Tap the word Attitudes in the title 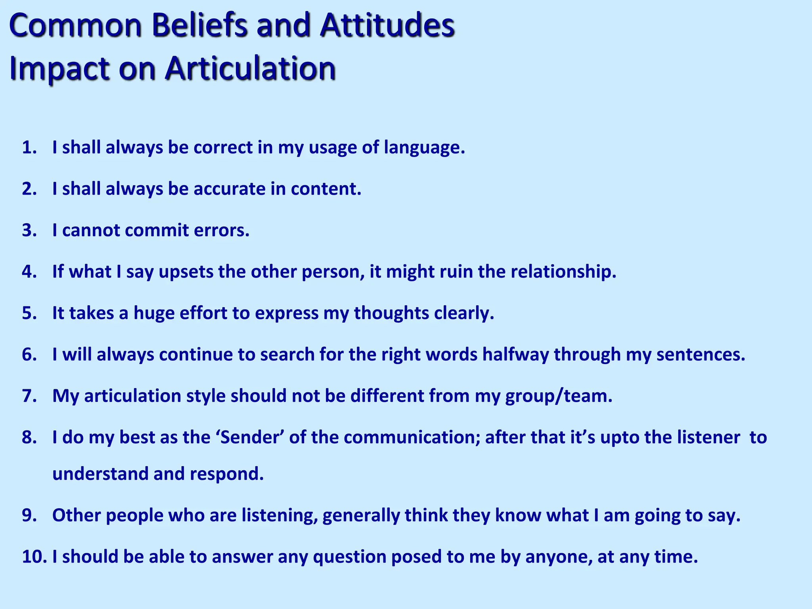(387, 26)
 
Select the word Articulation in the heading (251, 68)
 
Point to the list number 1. (29, 147)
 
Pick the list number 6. (29, 354)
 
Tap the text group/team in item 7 (559, 396)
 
